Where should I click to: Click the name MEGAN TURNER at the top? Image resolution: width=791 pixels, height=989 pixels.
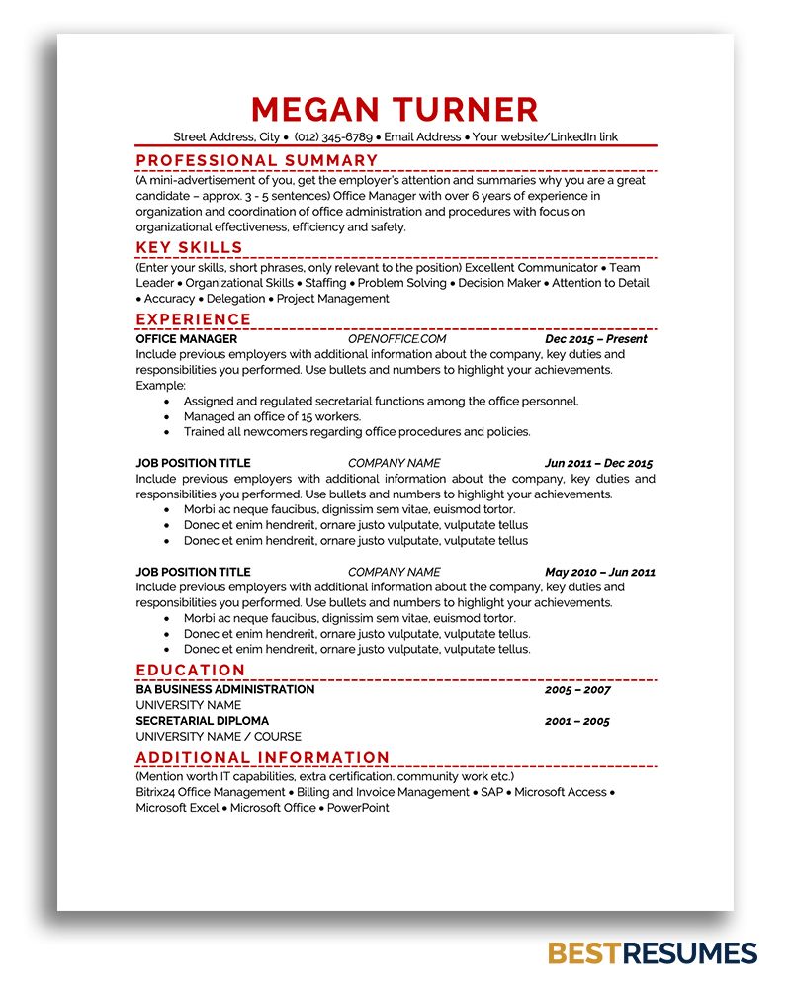(x=395, y=109)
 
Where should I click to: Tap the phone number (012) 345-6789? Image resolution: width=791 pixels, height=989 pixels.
(x=333, y=136)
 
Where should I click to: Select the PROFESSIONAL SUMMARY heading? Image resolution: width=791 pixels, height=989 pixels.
(x=257, y=160)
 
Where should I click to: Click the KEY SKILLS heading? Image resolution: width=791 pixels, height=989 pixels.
(x=189, y=247)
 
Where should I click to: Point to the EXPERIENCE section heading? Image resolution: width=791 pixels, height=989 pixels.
(x=194, y=319)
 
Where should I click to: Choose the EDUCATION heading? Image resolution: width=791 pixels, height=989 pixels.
(x=191, y=670)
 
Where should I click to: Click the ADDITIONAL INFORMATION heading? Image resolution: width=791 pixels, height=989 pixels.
(x=263, y=758)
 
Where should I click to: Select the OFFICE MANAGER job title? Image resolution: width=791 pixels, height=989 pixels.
(x=186, y=338)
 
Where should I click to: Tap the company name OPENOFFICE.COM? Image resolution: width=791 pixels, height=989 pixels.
(x=396, y=338)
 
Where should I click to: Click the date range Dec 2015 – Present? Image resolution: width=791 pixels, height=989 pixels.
(x=595, y=338)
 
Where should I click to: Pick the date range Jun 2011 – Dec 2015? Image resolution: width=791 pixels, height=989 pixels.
(x=598, y=463)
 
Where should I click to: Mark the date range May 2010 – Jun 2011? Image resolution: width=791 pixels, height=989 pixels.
(x=599, y=572)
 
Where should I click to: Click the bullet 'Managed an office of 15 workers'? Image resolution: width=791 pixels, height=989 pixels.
(x=272, y=416)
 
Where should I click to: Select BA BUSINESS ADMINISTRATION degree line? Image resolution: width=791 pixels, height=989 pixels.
(x=225, y=689)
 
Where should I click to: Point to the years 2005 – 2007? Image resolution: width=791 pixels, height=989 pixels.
(x=577, y=690)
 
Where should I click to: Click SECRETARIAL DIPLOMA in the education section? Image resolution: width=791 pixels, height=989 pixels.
(x=202, y=721)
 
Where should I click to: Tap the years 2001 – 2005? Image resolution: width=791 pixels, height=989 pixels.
(x=577, y=721)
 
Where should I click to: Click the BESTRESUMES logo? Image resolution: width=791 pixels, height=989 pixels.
(x=652, y=953)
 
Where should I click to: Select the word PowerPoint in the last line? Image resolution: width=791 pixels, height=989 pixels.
(x=358, y=808)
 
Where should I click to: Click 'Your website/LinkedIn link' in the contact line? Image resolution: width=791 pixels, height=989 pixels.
(x=545, y=136)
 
